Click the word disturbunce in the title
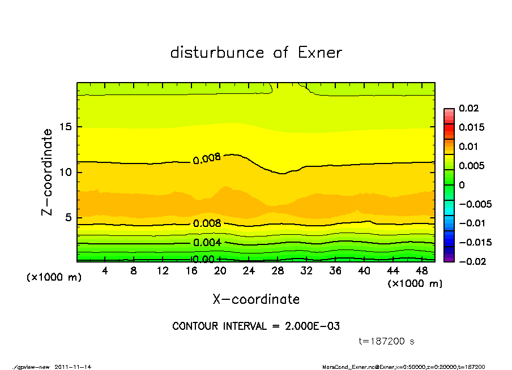[217, 53]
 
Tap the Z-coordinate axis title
[48, 172]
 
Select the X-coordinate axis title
[256, 299]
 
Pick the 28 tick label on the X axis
[278, 271]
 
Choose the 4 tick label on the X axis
[105, 271]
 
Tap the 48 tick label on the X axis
[422, 271]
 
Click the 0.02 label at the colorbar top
[469, 108]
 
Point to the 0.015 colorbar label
[471, 127]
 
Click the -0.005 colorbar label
[475, 204]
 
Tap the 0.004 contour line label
[207, 243]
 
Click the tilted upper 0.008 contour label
[207, 159]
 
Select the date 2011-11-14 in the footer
[73, 367]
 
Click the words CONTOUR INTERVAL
[218, 326]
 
